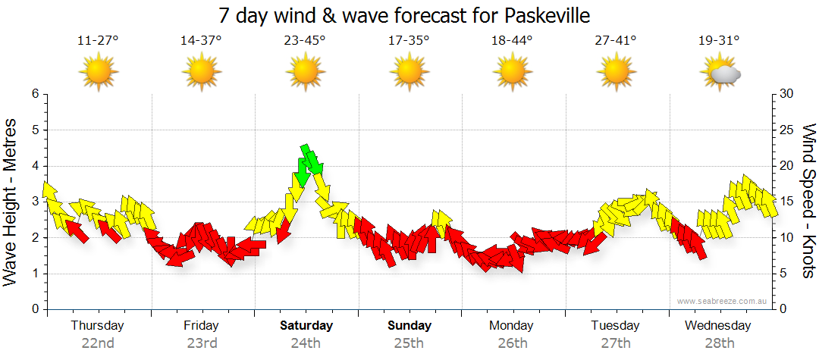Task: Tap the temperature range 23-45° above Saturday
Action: point(305,41)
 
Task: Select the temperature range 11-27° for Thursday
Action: point(98,41)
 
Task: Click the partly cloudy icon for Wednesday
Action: point(719,74)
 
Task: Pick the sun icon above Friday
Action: point(201,72)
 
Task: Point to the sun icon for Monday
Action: point(512,72)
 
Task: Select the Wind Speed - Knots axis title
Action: point(808,202)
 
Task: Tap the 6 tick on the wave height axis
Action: point(34,94)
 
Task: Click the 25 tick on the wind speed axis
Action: point(787,130)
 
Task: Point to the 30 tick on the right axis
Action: point(787,94)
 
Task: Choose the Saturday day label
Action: point(306,326)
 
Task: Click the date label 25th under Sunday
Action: point(409,343)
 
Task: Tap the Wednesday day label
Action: point(717,326)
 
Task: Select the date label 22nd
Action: point(98,343)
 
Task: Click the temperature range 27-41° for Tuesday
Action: point(615,41)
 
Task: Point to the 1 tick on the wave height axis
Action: point(34,274)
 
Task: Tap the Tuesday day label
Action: point(615,326)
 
